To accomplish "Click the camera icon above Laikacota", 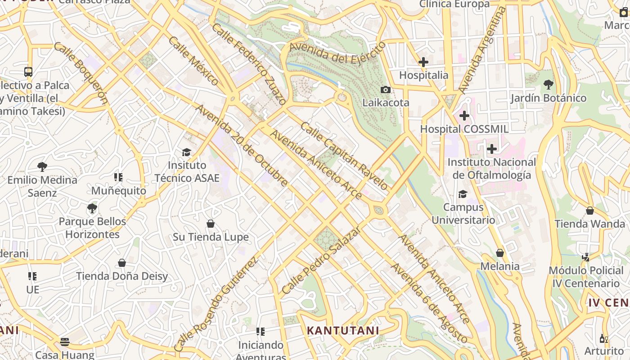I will click(x=385, y=90).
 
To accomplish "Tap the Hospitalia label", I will click(x=423, y=75).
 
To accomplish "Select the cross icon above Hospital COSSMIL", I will click(x=464, y=116).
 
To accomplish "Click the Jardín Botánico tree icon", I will click(x=548, y=84).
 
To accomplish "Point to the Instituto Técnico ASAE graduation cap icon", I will click(x=186, y=152).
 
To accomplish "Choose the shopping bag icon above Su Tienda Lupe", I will click(x=210, y=224).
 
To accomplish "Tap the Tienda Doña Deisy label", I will click(x=121, y=276).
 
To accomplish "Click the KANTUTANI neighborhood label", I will click(x=342, y=331).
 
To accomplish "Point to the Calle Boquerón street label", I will click(x=81, y=73).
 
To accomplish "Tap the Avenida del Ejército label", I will click(x=337, y=53).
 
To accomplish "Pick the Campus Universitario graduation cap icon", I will click(x=463, y=194).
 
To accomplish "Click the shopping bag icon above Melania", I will click(x=499, y=253).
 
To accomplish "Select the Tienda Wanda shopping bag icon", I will click(x=589, y=211).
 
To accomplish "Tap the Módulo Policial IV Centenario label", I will click(x=586, y=277).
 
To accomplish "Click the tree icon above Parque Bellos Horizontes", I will click(x=92, y=208).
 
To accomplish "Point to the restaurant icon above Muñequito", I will click(x=118, y=177).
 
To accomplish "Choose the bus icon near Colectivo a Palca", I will click(x=28, y=72).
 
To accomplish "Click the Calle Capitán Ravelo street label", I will click(x=344, y=156).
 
